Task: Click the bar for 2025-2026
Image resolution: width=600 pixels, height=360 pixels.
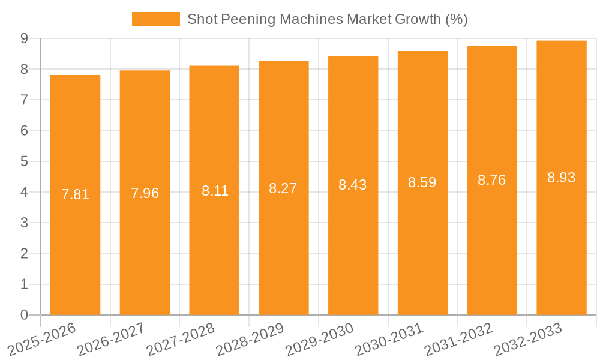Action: pos(75,195)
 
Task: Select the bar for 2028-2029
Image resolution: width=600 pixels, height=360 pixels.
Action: pos(283,188)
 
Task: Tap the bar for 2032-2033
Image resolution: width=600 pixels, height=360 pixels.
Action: pos(561,178)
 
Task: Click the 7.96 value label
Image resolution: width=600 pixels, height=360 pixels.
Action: pos(145,193)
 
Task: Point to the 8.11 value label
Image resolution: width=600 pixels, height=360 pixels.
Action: pos(214,191)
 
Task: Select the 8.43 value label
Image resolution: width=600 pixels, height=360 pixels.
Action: pos(353,185)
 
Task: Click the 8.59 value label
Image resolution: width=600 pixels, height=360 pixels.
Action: pos(422,182)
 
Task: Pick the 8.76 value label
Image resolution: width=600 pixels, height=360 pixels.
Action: pos(492,180)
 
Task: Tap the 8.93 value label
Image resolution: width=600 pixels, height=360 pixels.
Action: pos(561,178)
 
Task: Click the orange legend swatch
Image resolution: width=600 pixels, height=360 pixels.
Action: pos(155,19)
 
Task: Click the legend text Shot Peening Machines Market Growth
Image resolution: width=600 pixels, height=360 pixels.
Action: pos(327,19)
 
